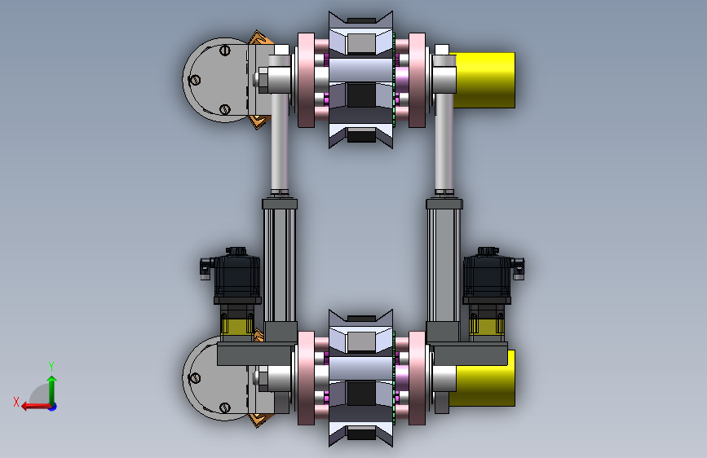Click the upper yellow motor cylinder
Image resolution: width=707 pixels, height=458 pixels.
coord(484,80)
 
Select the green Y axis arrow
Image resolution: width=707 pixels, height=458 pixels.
coord(52,390)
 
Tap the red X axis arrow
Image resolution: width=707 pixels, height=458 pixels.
coord(36,407)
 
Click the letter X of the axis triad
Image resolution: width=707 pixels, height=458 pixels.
coord(16,402)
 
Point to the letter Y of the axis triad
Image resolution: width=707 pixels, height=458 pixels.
coord(51,366)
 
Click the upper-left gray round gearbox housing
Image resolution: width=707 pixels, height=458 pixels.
coord(215,80)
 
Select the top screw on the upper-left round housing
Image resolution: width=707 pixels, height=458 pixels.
coord(225,50)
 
